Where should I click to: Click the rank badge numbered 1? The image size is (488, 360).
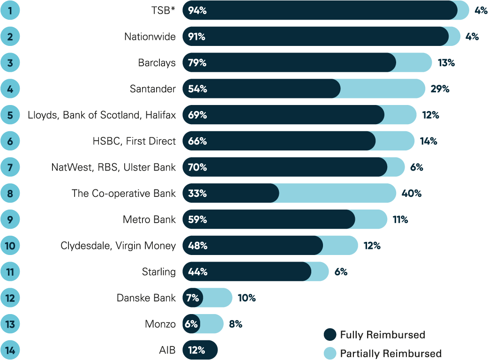click(10, 10)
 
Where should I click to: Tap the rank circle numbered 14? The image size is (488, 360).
click(10, 350)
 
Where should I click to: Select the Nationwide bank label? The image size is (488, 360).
click(150, 37)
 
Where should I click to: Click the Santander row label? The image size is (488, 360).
click(153, 89)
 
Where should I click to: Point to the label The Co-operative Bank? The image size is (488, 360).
click(124, 193)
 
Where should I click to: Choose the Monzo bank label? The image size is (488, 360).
click(160, 324)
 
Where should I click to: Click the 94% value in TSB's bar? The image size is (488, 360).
click(197, 10)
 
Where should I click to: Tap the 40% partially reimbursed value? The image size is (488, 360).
click(412, 193)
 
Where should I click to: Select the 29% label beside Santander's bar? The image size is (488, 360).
click(440, 89)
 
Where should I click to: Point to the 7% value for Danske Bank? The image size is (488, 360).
click(193, 298)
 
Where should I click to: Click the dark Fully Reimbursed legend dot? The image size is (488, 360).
click(330, 335)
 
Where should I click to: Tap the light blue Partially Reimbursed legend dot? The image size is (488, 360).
click(330, 353)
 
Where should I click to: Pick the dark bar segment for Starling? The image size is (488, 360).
click(258, 271)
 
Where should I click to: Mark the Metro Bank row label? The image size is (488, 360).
click(149, 219)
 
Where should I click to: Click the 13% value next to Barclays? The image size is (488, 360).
click(446, 62)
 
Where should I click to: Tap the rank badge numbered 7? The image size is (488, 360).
click(10, 167)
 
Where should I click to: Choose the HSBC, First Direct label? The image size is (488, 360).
click(134, 141)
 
